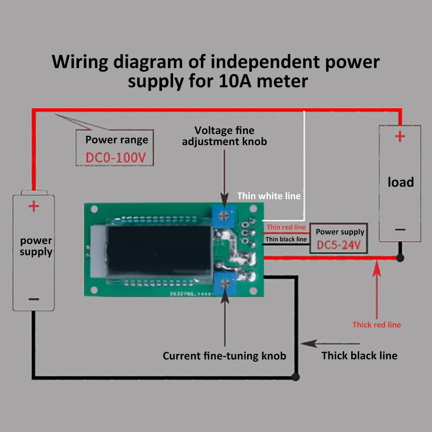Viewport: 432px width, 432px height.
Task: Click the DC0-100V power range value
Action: [x=119, y=158]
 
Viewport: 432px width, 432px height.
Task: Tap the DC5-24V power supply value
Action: [x=338, y=245]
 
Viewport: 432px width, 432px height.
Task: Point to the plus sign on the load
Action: [x=400, y=137]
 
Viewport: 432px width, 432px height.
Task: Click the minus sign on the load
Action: [x=400, y=230]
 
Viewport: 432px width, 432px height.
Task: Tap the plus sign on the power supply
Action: [x=33, y=206]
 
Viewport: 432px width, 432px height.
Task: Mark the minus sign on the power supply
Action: [x=34, y=299]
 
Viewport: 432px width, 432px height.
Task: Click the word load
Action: [x=400, y=182]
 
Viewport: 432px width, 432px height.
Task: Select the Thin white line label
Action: [x=269, y=196]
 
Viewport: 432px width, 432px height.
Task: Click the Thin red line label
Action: [x=286, y=227]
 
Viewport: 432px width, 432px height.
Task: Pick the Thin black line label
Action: [x=286, y=239]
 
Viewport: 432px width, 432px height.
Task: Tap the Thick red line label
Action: [x=377, y=325]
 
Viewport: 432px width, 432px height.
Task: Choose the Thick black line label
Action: [x=359, y=356]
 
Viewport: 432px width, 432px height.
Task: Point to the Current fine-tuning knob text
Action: [x=224, y=356]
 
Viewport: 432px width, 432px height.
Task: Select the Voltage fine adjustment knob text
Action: [x=224, y=136]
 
